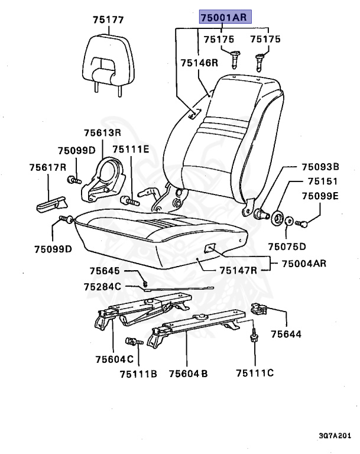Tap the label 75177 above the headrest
pos(108,20)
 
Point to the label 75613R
pos(102,133)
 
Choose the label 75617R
pos(47,167)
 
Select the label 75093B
pos(320,167)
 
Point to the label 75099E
pos(320,196)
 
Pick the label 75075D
pos(287,247)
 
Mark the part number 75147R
pos(238,271)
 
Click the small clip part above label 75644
pos(260,309)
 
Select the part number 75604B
pos(188,374)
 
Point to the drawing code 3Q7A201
pos(336,436)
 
